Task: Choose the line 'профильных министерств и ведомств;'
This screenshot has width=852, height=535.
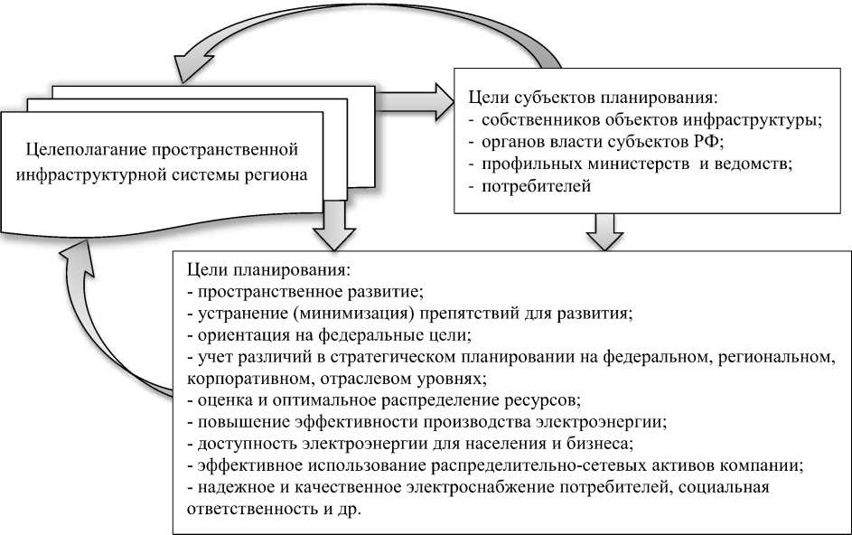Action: pos(637,164)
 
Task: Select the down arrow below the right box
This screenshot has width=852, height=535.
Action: pos(604,231)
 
